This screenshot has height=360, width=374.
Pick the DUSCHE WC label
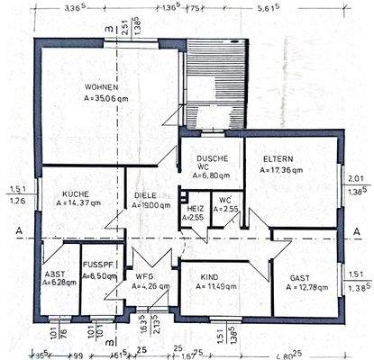pos(213,162)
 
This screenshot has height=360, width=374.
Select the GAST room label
pos(301,277)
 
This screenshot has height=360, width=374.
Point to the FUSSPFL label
pos(96,265)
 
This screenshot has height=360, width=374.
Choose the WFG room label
pos(144,276)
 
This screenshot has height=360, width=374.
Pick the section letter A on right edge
pos(359,231)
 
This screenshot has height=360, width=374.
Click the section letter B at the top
pos(108,30)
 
